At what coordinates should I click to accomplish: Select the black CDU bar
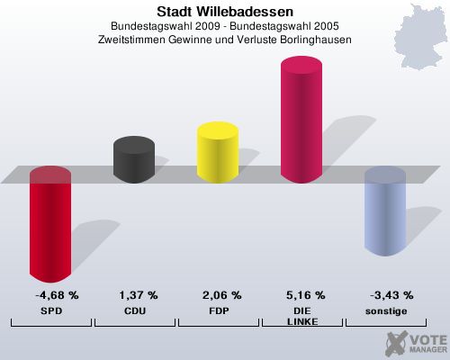click(x=133, y=160)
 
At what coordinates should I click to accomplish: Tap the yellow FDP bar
click(x=217, y=153)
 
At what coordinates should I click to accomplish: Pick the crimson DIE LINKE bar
click(x=301, y=121)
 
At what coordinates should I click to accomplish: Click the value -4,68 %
click(x=57, y=295)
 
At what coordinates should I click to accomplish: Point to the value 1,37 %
click(x=139, y=295)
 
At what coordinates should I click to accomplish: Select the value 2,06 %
click(x=222, y=295)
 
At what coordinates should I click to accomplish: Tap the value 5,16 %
click(x=306, y=295)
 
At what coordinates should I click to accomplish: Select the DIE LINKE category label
click(x=302, y=316)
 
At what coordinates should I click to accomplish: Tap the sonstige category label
click(x=386, y=310)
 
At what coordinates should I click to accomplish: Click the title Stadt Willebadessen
click(x=224, y=12)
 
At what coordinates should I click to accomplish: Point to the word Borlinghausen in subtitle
click(x=312, y=40)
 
